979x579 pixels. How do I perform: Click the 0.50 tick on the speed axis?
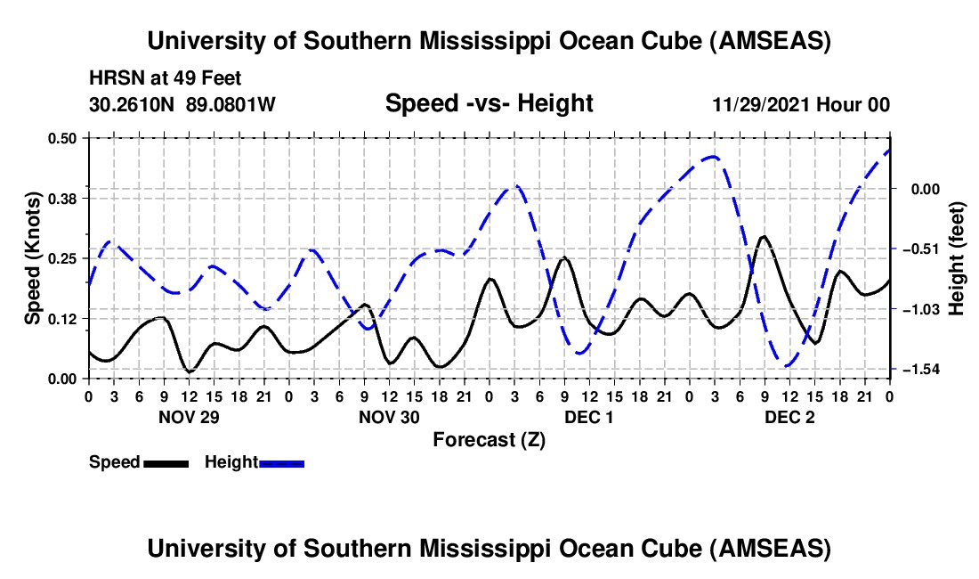pos(64,138)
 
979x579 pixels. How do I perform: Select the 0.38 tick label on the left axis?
pos(64,198)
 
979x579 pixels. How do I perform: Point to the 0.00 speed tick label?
pos(64,379)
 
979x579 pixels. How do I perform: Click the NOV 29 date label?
pos(188,416)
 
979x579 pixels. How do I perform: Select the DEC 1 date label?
pos(589,416)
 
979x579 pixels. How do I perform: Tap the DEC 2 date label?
pos(789,416)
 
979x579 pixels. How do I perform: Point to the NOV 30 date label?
pos(389,416)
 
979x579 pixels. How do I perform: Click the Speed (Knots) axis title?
pos(32,258)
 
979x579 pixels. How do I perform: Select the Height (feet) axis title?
pos(957,258)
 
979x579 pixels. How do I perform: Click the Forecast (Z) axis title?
pos(489,439)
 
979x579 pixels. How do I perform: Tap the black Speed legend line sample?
pos(165,463)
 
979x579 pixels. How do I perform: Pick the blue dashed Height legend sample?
pos(281,463)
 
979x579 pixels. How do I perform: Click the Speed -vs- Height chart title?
pos(489,103)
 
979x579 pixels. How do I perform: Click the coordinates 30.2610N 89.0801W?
pos(182,104)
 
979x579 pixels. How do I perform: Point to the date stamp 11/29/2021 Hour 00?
pos(801,104)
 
